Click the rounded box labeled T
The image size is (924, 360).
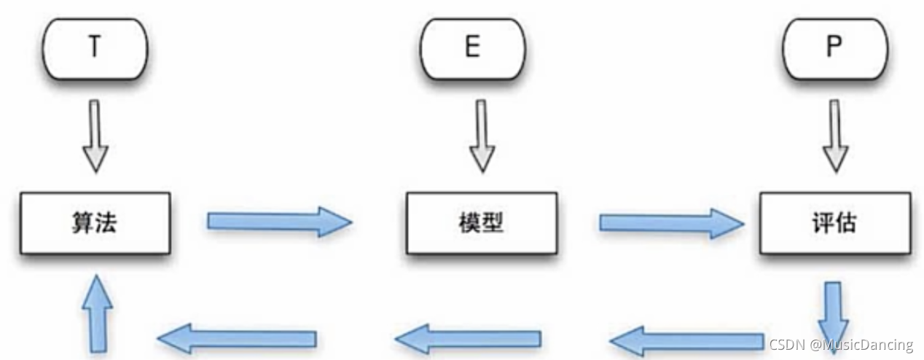pyautogui.click(x=94, y=48)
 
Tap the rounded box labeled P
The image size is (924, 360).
pyautogui.click(x=835, y=48)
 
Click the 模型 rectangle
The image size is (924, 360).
pyautogui.click(x=482, y=222)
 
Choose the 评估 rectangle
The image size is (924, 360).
pyautogui.click(x=835, y=222)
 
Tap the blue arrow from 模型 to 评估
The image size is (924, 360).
pyautogui.click(x=670, y=221)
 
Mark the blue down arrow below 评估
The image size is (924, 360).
pyautogui.click(x=834, y=310)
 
